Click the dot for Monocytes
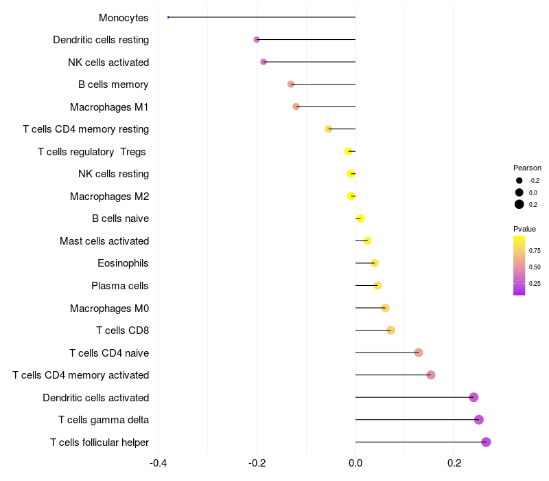coord(168,17)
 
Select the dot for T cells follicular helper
coord(486,442)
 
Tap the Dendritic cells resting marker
coord(257,40)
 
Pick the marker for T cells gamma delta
coord(478,420)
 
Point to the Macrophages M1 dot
coord(296,107)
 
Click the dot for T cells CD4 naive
coord(419,353)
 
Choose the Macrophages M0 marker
coord(385,308)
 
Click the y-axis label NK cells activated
coord(108,63)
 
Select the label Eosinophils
coord(123,263)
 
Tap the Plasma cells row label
coord(120,286)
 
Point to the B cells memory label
coord(113,85)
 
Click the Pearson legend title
coord(527,168)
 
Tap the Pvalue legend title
coord(524,229)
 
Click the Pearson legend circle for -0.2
coord(519,181)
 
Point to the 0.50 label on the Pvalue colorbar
coord(535,267)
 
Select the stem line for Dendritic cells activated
coord(412,397)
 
